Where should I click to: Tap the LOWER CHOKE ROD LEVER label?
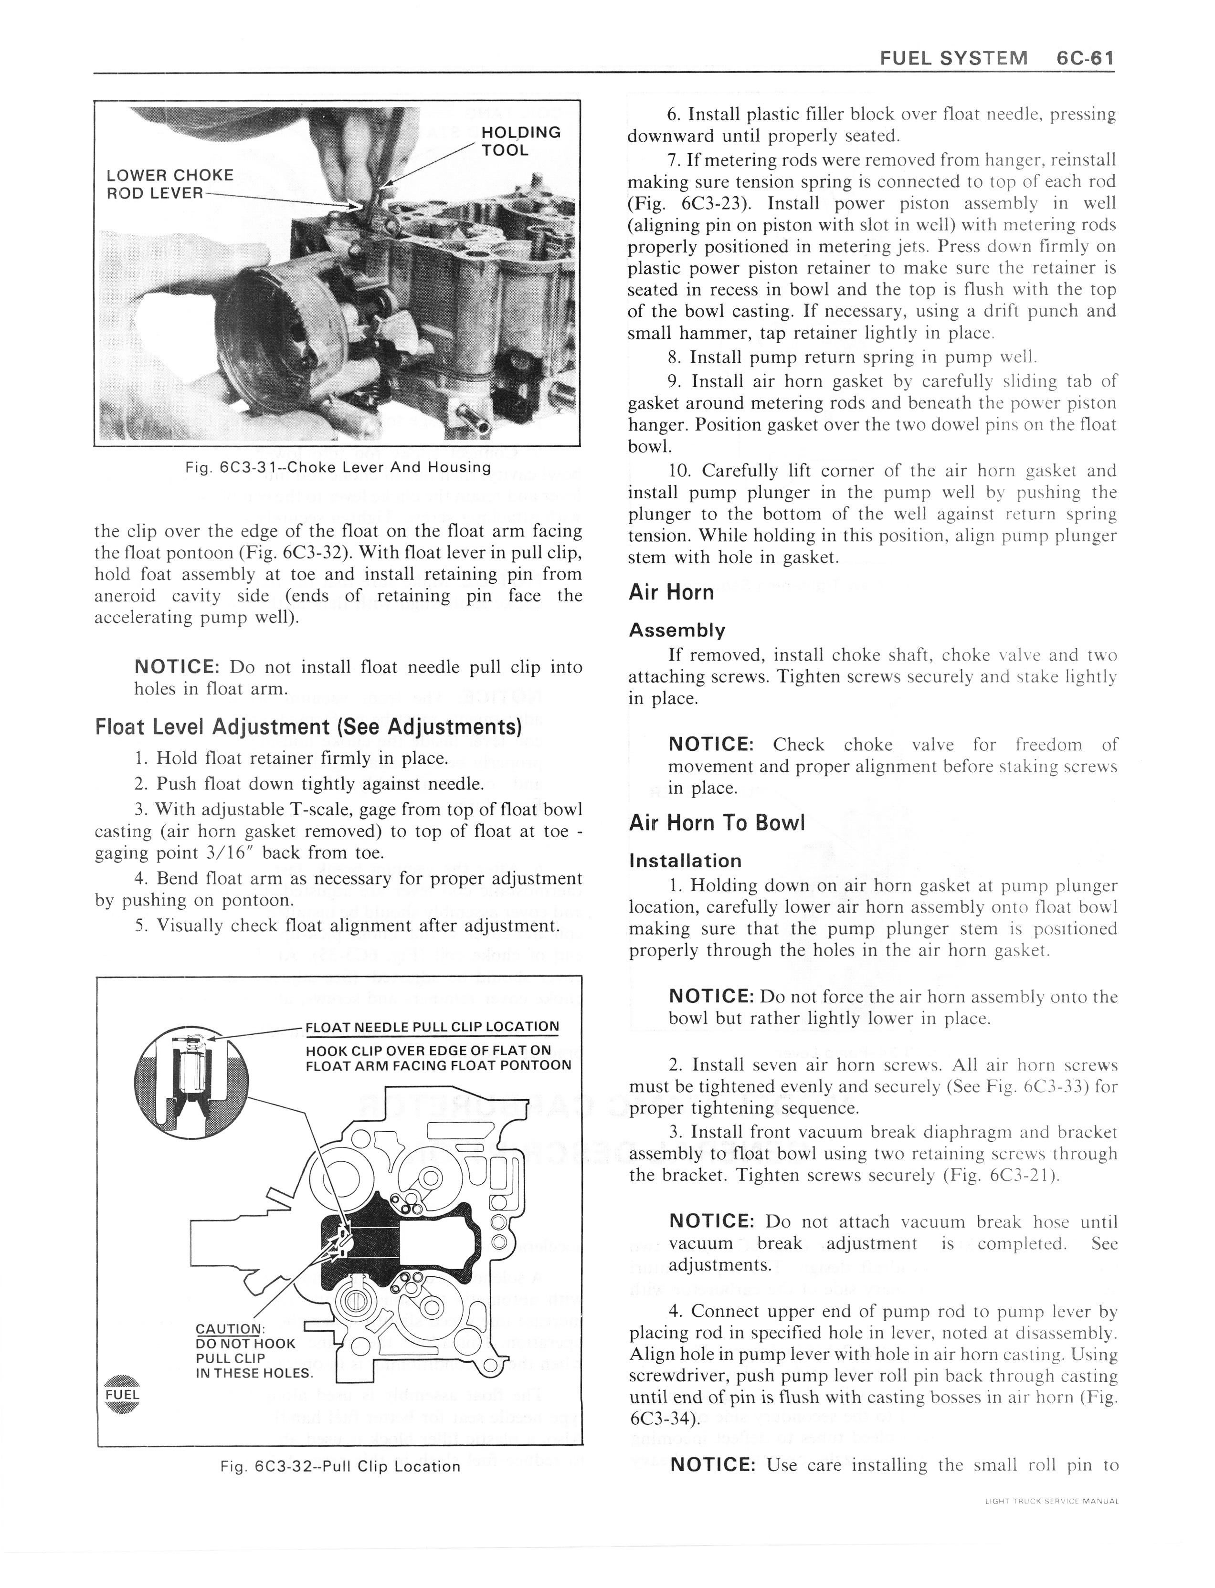(169, 184)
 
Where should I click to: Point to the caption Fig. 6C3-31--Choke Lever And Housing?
(338, 467)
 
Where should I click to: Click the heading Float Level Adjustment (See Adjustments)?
(308, 726)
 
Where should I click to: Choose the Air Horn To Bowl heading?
(716, 822)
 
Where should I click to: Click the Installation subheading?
(685, 861)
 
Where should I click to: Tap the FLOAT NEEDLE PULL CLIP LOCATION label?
(432, 1027)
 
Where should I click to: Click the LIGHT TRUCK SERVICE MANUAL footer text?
(1051, 1501)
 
